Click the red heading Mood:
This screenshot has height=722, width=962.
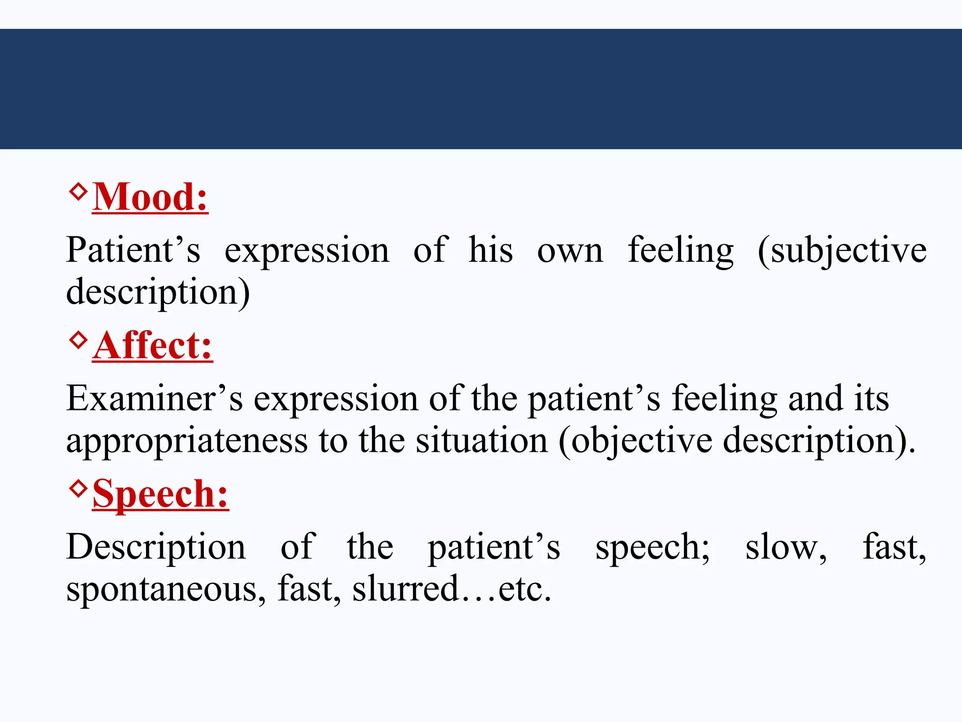pos(150,197)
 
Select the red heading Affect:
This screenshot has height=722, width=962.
pos(153,346)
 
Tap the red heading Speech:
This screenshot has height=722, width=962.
pos(161,494)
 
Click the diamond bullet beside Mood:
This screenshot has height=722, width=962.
pos(78,191)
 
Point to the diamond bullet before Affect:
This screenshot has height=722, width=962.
pos(78,339)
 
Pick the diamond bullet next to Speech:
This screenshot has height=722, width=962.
pos(78,488)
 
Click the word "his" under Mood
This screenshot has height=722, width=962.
pos(490,250)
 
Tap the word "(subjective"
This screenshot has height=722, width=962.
pos(842,251)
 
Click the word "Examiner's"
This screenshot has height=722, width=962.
pos(155,399)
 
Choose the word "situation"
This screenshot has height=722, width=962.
pos(481,441)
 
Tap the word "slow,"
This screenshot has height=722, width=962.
pos(786,548)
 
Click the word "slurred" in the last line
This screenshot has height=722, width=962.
pos(405,589)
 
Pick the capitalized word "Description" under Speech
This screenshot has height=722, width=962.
pos(156,548)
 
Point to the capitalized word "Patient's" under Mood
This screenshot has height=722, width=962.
pos(133,250)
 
